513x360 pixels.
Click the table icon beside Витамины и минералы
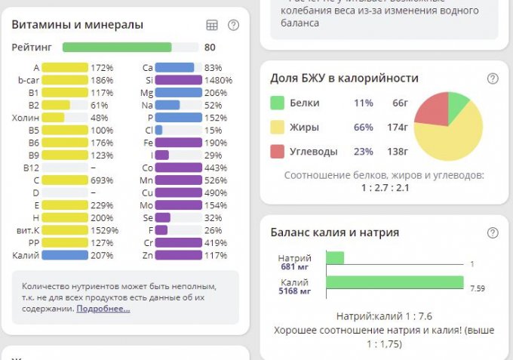(212, 25)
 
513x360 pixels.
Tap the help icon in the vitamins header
(233, 25)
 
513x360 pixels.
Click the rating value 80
(210, 47)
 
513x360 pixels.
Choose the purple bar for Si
(178, 80)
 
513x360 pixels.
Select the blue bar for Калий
(65, 255)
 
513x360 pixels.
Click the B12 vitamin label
(31, 168)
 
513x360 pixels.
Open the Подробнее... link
(103, 309)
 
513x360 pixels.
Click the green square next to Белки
(278, 103)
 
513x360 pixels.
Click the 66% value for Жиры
(364, 127)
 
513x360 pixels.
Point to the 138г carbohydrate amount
(399, 151)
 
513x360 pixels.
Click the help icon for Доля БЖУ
(493, 78)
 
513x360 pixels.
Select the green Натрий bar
(335, 258)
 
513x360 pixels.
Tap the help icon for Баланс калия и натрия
(493, 232)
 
